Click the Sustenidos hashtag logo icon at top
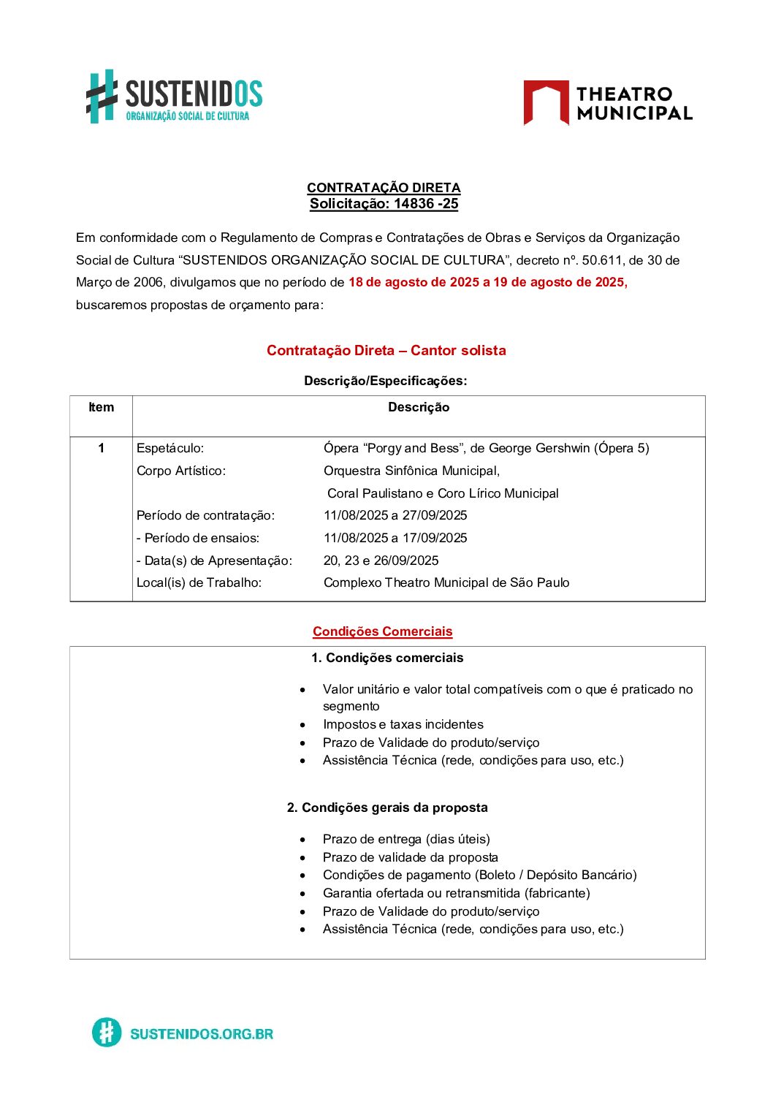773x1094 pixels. [102, 96]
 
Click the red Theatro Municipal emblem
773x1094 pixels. [546, 102]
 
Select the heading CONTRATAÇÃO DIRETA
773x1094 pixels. [384, 188]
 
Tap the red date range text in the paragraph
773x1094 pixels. [487, 282]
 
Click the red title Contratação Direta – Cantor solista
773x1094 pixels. [386, 351]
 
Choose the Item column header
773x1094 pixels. [101, 408]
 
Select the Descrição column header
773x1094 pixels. [419, 408]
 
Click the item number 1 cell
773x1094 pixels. [101, 448]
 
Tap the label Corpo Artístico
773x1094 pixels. [181, 471]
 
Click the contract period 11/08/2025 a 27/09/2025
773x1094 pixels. [395, 515]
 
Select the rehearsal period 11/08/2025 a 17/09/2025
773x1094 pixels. [395, 538]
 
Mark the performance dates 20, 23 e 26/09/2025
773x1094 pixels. [381, 561]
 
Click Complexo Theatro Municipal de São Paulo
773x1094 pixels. [446, 582]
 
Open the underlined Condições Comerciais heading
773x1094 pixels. [382, 631]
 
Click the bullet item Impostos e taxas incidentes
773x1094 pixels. [403, 724]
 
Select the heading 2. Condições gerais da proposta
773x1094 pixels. [387, 808]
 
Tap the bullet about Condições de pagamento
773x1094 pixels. [479, 875]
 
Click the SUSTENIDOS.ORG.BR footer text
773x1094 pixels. [202, 1034]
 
